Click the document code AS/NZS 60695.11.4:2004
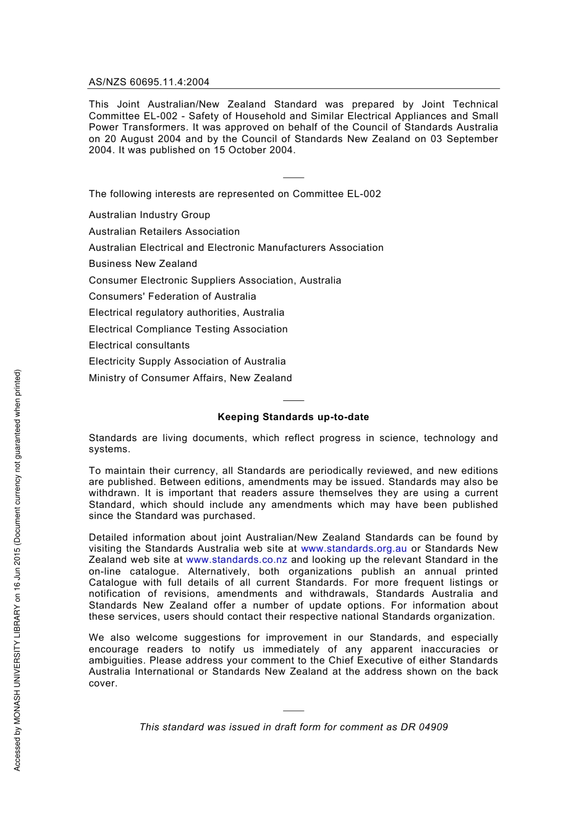[x=149, y=82]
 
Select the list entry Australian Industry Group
[x=149, y=215]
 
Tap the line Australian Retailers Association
[x=164, y=231]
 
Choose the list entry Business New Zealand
[x=143, y=264]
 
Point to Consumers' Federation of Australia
[x=172, y=297]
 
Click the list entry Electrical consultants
[x=139, y=345]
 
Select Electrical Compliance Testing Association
[x=188, y=329]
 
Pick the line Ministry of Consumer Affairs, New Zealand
[x=190, y=378]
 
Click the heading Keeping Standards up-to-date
[x=293, y=417]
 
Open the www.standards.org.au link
[x=353, y=549]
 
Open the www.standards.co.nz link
[x=237, y=560]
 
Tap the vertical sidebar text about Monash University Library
[x=17, y=570]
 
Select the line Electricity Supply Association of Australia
[x=187, y=361]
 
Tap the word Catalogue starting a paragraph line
[x=112, y=583]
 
